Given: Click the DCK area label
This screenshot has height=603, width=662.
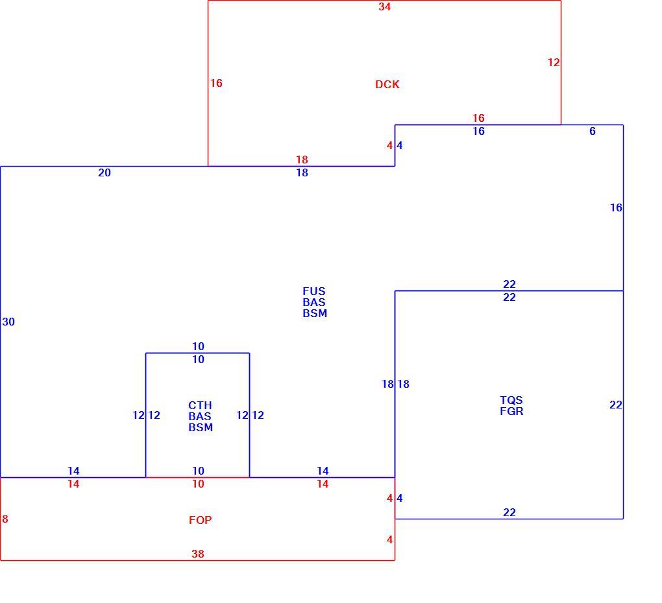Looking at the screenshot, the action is click(387, 84).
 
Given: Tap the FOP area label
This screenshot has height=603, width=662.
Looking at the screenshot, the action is click(200, 520).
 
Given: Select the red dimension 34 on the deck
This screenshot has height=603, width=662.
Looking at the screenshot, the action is click(384, 6).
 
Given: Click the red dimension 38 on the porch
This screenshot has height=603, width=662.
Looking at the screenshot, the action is click(197, 554).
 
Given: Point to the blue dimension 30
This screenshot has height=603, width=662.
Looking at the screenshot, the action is click(8, 322).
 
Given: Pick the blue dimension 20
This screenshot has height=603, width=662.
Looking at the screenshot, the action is click(104, 172).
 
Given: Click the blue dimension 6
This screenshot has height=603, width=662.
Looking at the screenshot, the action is click(593, 131).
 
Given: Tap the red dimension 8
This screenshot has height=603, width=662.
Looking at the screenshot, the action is click(5, 519).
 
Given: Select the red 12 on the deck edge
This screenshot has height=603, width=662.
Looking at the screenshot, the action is click(554, 62).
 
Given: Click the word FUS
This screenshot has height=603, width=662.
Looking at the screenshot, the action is click(313, 291).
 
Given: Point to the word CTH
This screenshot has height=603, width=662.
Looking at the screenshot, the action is click(200, 405).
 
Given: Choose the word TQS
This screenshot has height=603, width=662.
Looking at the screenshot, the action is click(511, 400).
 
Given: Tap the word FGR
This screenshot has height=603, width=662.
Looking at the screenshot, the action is click(511, 411).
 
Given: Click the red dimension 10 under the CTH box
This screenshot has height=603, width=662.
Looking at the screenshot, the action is click(198, 484).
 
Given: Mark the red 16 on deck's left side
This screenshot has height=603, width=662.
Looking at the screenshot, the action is click(216, 83).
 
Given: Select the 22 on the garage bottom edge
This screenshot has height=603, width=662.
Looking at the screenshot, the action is click(509, 512).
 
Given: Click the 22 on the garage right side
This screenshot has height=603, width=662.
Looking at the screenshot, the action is click(615, 405).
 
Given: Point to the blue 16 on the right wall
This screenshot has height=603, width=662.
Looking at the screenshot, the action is click(616, 207).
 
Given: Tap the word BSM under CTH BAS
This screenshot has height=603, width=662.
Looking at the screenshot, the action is click(201, 427).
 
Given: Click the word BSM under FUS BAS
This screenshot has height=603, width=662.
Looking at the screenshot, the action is click(315, 313).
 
